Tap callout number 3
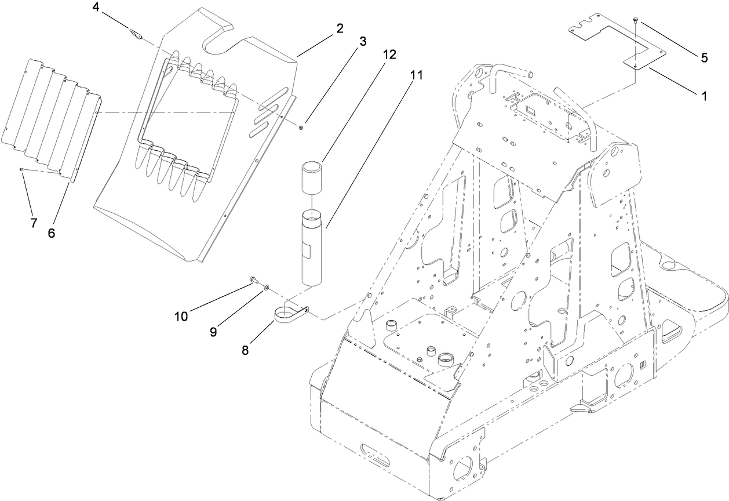tap(363, 41)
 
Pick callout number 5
tap(704, 57)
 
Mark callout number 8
tap(246, 350)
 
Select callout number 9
tap(213, 331)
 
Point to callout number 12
tap(389, 55)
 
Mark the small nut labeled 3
tap(302, 126)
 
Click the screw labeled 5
tap(636, 21)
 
